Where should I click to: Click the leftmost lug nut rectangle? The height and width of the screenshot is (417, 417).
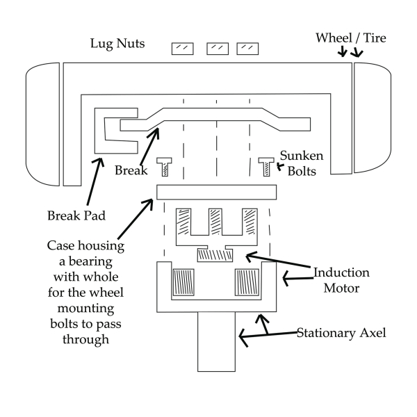click(x=183, y=49)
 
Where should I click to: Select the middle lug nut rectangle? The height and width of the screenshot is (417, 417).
click(x=218, y=49)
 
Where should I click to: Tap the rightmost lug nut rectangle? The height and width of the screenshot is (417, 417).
click(x=248, y=49)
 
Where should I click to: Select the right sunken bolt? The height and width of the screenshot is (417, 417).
click(x=266, y=167)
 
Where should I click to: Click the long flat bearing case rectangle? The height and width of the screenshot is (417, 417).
click(x=217, y=191)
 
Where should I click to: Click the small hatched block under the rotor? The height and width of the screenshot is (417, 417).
click(x=214, y=255)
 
